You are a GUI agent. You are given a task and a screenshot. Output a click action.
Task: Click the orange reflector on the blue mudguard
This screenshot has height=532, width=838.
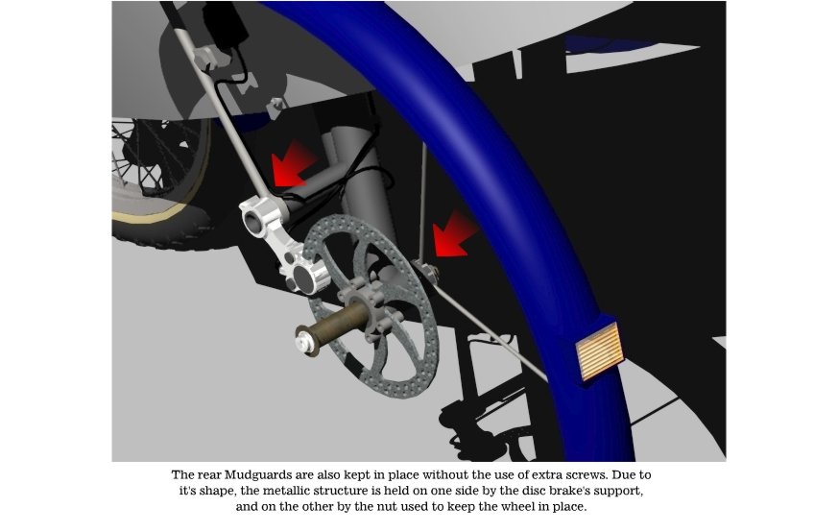coord(599,351)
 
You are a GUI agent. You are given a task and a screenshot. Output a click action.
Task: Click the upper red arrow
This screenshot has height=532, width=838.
coord(293,163)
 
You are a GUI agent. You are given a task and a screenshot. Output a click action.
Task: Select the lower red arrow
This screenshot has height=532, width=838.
coord(454,234)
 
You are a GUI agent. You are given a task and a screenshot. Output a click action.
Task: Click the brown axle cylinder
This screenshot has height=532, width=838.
coord(337,326)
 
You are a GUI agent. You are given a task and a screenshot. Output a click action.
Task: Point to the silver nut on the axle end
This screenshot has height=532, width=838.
coord(305,340)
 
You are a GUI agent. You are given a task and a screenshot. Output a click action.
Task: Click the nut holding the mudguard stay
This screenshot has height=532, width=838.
coord(427,270)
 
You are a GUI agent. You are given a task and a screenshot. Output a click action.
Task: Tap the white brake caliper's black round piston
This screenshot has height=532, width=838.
coord(303,278)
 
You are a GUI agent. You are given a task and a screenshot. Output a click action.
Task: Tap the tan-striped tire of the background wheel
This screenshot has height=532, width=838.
coord(160,214)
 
